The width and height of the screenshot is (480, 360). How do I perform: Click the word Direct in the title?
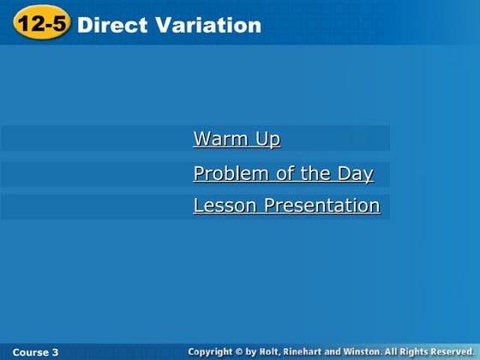(x=106, y=26)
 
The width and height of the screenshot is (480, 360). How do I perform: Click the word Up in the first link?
(x=267, y=139)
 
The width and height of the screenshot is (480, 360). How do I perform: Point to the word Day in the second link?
(x=354, y=174)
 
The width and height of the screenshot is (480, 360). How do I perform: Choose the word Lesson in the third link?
(x=225, y=206)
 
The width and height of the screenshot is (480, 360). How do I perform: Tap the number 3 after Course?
(x=56, y=352)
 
